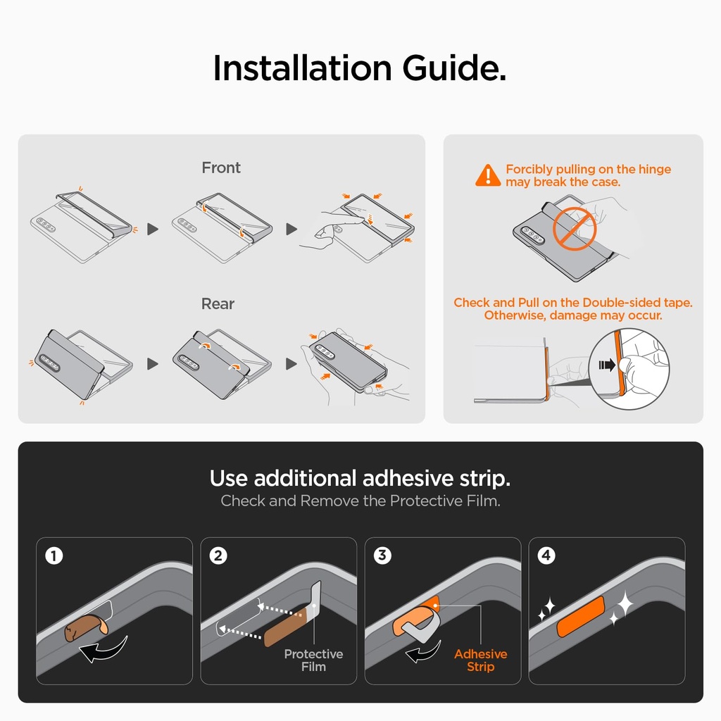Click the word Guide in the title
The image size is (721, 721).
tap(454, 68)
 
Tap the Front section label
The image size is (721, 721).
tap(221, 168)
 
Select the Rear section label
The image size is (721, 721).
tap(218, 303)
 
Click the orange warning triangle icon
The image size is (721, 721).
tap(488, 175)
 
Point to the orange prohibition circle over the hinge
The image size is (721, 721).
tap(575, 229)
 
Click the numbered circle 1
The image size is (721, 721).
tap(54, 556)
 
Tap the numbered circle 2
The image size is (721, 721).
tap(218, 556)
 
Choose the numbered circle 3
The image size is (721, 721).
tap(382, 556)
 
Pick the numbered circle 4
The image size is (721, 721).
tap(546, 556)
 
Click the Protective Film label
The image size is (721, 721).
tap(313, 660)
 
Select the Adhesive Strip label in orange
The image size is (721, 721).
tap(480, 660)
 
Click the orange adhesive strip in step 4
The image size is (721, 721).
tap(581, 617)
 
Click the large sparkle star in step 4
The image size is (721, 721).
tap(625, 603)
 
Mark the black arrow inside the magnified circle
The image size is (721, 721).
tap(607, 365)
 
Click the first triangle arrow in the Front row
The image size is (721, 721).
tap(153, 229)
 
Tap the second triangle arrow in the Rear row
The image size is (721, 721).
tap(291, 364)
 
